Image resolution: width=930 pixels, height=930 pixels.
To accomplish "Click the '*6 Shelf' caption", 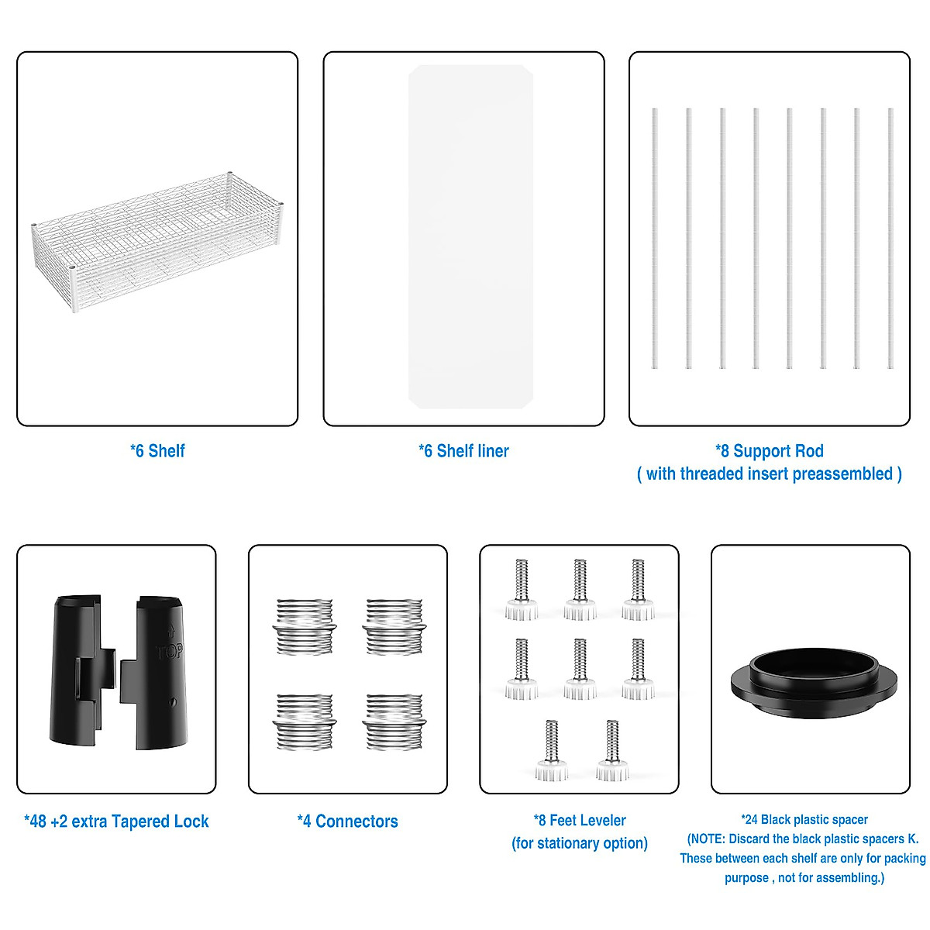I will point(157,451).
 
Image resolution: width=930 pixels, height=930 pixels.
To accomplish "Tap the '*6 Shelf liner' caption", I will point(463,451).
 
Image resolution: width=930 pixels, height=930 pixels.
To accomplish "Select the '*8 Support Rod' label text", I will point(769,451).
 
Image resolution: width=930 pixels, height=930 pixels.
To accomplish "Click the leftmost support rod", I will point(655,238).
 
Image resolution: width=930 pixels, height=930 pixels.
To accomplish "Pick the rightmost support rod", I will point(890,238).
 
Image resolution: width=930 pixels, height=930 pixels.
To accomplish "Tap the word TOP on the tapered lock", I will point(170,652).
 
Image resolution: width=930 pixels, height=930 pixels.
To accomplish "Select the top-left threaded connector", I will point(305,626).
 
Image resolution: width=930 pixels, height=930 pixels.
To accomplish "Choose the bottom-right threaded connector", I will point(394,722).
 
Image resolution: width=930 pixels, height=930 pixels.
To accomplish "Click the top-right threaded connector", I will point(394,626).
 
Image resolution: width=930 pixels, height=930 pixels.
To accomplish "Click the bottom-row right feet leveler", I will point(612,750).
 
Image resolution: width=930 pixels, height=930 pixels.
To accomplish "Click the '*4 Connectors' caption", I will point(347,821).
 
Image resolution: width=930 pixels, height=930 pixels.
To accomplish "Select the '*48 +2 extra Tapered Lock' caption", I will point(116,821).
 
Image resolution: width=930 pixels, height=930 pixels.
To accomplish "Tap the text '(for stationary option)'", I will point(580,843).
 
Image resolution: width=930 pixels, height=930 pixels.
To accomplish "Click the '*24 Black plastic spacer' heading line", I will point(804,819).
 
